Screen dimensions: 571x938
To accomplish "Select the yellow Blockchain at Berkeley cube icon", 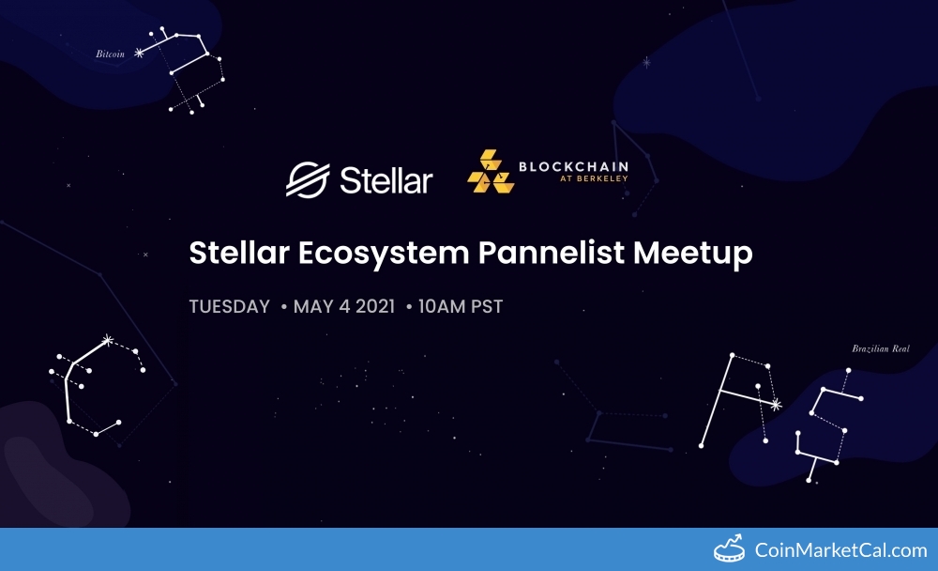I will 491,172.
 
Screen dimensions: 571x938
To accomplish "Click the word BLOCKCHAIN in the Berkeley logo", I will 573,167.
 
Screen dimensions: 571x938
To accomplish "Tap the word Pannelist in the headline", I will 531,253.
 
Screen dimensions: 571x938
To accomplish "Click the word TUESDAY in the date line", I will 230,307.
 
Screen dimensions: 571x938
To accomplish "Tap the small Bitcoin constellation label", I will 110,54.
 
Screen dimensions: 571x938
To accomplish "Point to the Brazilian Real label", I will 881,349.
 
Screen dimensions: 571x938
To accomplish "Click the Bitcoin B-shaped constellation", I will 192,70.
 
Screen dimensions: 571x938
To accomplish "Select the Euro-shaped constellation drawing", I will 94,385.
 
